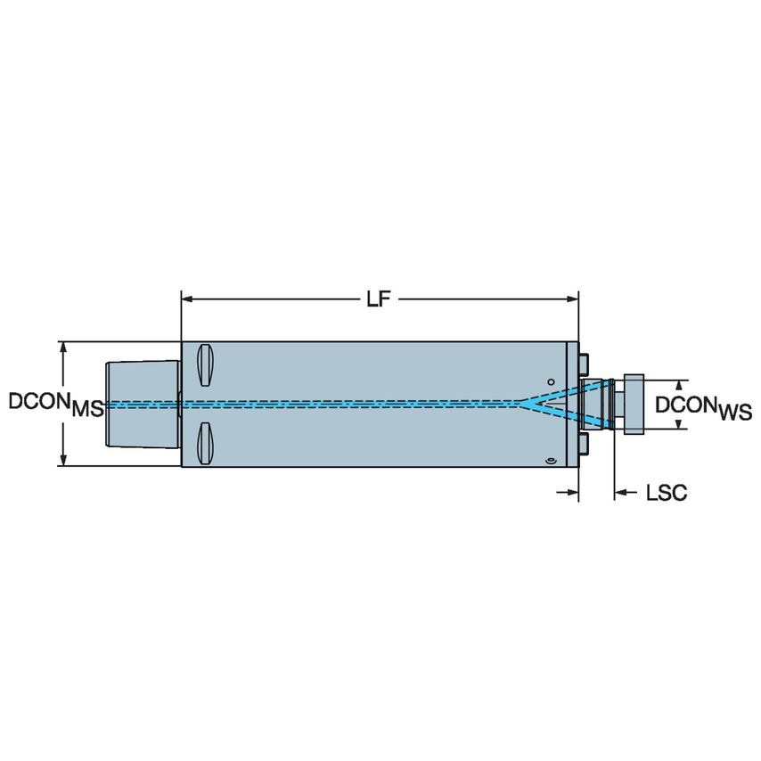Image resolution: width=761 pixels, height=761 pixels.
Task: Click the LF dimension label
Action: tap(380, 299)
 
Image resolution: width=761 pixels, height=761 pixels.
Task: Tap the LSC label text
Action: tap(666, 493)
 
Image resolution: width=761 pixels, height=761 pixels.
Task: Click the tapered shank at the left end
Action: tap(143, 404)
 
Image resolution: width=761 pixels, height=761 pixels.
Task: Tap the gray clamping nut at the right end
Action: tap(635, 404)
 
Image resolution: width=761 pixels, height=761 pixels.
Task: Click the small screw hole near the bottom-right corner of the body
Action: tap(550, 460)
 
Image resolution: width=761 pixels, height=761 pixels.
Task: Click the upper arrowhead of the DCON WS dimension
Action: tap(680, 384)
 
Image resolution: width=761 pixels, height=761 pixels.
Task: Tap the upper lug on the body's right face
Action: tap(584, 363)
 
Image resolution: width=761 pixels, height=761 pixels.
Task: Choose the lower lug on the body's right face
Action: tap(584, 444)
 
